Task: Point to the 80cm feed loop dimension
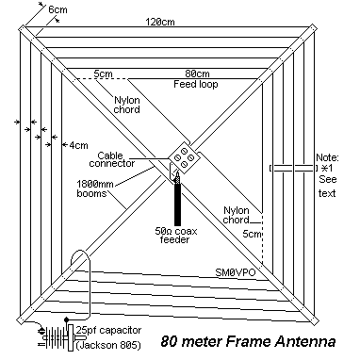pos(196,74)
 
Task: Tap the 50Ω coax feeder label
pos(177,234)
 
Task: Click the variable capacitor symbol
pos(58,336)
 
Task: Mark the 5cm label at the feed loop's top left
pos(104,74)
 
